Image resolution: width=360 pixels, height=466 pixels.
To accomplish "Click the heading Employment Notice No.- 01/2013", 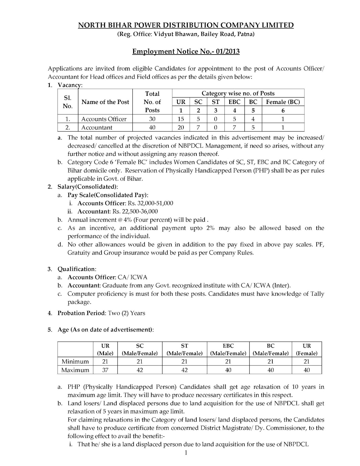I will pyautogui.click(x=186, y=52).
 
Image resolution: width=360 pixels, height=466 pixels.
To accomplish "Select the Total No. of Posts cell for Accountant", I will pyautogui.click(x=152, y=127).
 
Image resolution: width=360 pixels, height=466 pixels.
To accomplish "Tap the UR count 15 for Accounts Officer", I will pyautogui.click(x=181, y=119).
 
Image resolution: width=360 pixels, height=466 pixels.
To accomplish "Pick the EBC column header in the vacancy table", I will pyautogui.click(x=234, y=102).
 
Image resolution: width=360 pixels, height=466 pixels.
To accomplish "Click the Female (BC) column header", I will pyautogui.click(x=283, y=102).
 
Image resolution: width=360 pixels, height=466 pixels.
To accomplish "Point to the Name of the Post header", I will pyautogui.click(x=105, y=102).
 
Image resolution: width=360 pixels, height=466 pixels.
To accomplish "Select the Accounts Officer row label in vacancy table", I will pyautogui.click(x=104, y=119).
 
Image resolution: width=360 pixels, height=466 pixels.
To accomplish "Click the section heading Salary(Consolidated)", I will pyautogui.click(x=87, y=186).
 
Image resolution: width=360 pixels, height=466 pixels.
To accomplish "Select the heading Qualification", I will pyautogui.click(x=76, y=269).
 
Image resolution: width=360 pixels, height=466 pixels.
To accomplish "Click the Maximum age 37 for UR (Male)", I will pyautogui.click(x=105, y=370).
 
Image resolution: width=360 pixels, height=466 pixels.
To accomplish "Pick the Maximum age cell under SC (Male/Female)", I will pyautogui.click(x=140, y=370).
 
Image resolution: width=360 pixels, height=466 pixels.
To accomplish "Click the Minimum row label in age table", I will pyautogui.click(x=75, y=361).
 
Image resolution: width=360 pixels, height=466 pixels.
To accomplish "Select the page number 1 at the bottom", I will pyautogui.click(x=186, y=452).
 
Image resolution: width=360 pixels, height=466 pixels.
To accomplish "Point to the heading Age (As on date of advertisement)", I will pyautogui.click(x=105, y=330).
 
